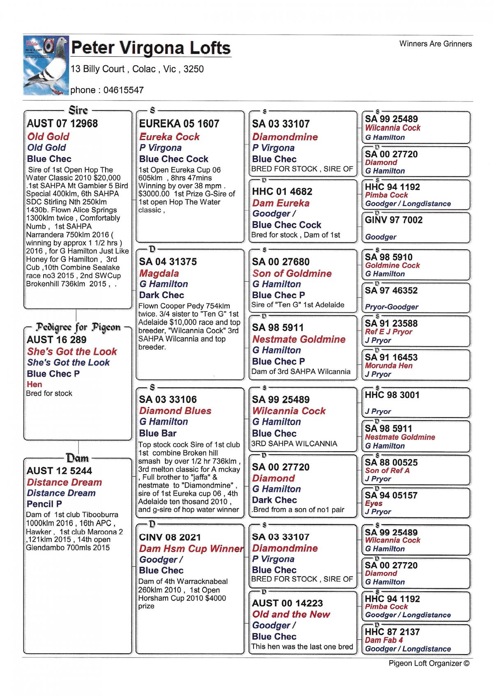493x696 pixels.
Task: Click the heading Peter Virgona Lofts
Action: click(x=151, y=48)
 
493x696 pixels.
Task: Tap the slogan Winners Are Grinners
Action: click(x=435, y=44)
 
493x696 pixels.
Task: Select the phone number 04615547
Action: click(x=123, y=90)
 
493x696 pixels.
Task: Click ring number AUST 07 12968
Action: click(x=62, y=124)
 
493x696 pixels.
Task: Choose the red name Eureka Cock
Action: click(x=169, y=137)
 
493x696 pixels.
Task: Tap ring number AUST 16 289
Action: click(x=57, y=340)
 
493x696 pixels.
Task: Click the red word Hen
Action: click(x=35, y=385)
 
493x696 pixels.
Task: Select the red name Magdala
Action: click(x=159, y=273)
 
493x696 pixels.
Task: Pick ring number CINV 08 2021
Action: click(x=170, y=538)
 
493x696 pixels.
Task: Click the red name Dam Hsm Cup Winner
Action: click(x=191, y=549)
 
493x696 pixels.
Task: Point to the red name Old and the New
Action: click(x=291, y=614)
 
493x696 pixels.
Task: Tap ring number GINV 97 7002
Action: click(x=394, y=220)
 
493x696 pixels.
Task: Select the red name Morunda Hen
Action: click(x=389, y=366)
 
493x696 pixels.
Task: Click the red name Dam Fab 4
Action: click(x=384, y=640)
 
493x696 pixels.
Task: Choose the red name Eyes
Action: click(x=373, y=503)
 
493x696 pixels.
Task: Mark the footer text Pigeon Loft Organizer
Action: click(x=428, y=663)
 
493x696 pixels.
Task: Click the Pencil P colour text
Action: click(x=44, y=504)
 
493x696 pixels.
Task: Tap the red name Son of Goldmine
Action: click(x=292, y=273)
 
